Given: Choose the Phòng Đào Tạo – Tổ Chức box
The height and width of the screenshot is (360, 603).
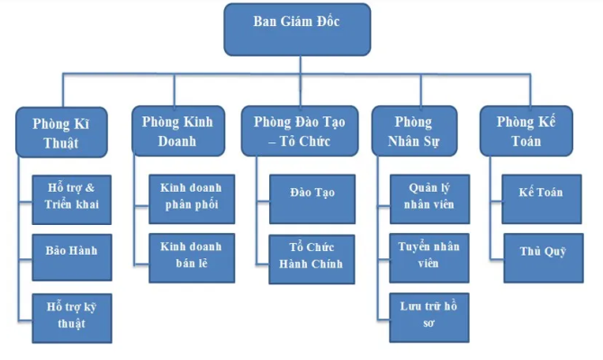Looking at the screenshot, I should coord(299,131).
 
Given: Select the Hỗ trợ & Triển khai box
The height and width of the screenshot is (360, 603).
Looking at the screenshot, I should coord(72,196).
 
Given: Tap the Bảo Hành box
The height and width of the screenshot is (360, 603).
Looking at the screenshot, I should coord(72,249).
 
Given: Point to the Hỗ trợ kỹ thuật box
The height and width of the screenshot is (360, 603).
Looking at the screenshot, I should coord(72,314).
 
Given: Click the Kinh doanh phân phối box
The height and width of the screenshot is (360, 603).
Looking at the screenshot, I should coord(190,196).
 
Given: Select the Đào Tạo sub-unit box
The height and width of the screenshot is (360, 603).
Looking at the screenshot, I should coord(310,193).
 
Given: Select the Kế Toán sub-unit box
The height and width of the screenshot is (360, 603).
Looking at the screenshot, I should coord(540,193).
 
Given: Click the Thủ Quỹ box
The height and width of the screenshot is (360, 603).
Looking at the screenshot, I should coord(540,251).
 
